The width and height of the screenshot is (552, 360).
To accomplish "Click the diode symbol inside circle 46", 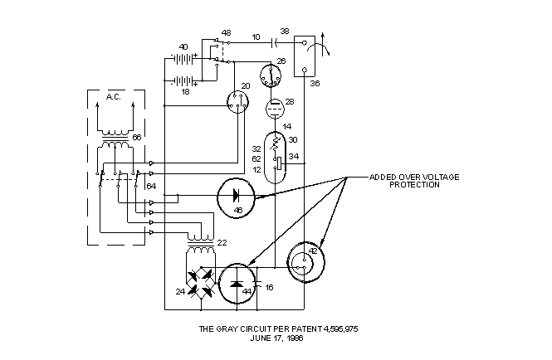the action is pos(237,196).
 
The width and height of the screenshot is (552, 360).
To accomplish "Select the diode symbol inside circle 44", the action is pos(237,282).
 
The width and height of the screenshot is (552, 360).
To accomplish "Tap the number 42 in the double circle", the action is pos(313,251).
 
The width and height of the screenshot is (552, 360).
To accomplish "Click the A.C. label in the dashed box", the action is pos(114,97).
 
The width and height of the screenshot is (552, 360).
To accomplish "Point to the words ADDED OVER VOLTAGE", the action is pos(414,177).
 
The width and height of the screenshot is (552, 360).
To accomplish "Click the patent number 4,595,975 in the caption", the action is pos(340,328).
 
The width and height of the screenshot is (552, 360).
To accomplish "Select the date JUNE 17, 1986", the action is pos(276,338).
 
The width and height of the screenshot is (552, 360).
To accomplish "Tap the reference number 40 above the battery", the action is pos(183,46).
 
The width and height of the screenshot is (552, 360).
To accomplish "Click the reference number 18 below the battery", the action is pos(185,91).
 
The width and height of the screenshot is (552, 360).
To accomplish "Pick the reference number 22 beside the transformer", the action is pos(222,243).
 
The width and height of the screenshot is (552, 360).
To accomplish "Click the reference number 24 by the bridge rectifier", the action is pos(180,291).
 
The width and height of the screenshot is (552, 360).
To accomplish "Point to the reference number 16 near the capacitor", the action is pos(269,288).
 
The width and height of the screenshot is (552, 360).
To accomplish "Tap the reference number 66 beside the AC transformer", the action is pos(137,137).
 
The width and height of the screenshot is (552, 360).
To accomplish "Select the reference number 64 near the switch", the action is pos(151,186).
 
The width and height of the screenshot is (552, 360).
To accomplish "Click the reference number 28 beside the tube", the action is pos(290,102).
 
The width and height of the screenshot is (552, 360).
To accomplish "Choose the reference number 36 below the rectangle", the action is pos(315,84).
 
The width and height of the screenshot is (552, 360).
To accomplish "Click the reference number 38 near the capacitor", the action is pos(285,31).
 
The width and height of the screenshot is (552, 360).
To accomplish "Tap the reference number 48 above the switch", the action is pos(227,32).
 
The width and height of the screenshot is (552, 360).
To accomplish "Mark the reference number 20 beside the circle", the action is pos(246,86).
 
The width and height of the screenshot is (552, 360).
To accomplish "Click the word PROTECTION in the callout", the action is pos(414,185).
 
